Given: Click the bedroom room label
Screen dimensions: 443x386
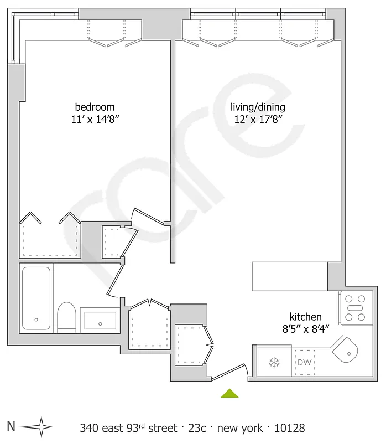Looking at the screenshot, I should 95,107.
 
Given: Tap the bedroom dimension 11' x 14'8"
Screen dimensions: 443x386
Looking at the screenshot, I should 95,119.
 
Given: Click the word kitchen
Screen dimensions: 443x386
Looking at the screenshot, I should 306,317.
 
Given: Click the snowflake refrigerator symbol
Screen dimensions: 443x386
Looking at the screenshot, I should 273,363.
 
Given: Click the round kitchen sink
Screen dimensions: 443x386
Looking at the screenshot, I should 348,351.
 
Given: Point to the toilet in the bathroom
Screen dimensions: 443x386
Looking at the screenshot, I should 66,316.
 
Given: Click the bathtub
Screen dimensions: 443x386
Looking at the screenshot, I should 36,298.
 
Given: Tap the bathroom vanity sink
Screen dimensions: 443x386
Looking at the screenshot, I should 100,320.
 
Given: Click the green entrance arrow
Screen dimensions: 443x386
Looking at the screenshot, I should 229,393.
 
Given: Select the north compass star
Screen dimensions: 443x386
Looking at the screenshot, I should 39,427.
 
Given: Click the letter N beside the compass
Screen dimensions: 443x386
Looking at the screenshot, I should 11,427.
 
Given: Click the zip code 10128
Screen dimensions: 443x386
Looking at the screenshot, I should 290,428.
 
